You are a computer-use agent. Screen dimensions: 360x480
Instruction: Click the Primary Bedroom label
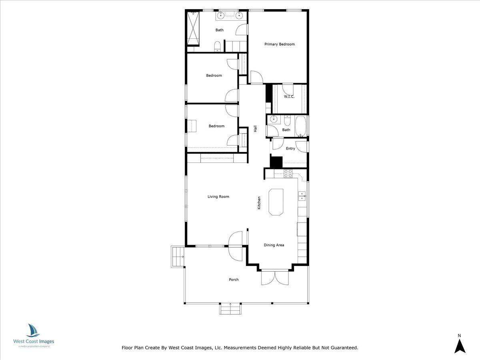pos(280,44)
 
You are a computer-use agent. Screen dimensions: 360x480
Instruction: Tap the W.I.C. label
pos(289,96)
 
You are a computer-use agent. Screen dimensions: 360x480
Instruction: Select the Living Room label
pos(218,196)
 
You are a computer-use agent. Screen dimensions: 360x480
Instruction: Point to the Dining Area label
pos(274,245)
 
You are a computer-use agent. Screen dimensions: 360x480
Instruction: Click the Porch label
pos(234,280)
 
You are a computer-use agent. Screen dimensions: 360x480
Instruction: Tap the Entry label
pos(290,148)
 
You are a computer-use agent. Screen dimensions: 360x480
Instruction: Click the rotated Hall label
pos(255,129)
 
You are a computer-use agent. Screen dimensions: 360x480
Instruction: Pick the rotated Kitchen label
pos(259,203)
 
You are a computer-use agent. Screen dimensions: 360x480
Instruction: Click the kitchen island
pos(276,202)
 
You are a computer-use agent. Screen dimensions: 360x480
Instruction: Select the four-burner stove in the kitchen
pos(288,174)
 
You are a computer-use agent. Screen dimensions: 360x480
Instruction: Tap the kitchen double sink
pos(302,196)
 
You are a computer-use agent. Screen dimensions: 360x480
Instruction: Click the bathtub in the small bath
pos(301,126)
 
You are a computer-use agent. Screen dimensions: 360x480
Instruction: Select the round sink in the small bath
pos(274,119)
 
